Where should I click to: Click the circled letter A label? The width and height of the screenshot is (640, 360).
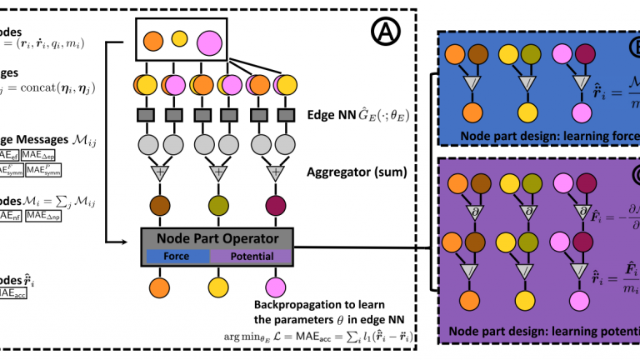[x=387, y=34]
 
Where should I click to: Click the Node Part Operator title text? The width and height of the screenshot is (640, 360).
[x=219, y=240]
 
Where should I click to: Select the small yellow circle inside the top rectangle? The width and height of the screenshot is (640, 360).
[x=178, y=38]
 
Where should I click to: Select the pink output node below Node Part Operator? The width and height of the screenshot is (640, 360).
[x=275, y=287]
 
